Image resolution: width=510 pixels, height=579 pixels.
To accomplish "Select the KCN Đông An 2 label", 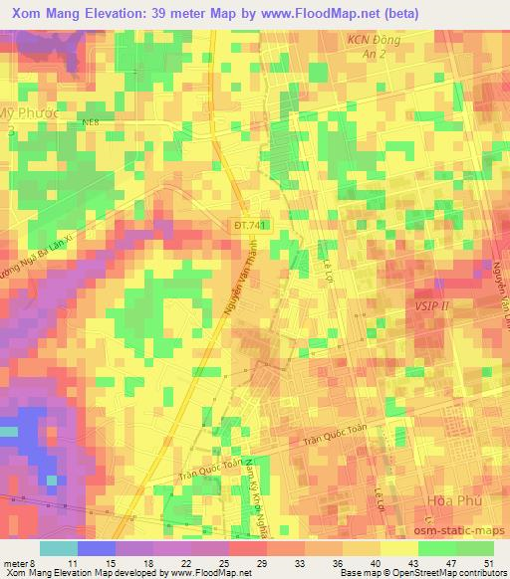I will click(368, 47).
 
